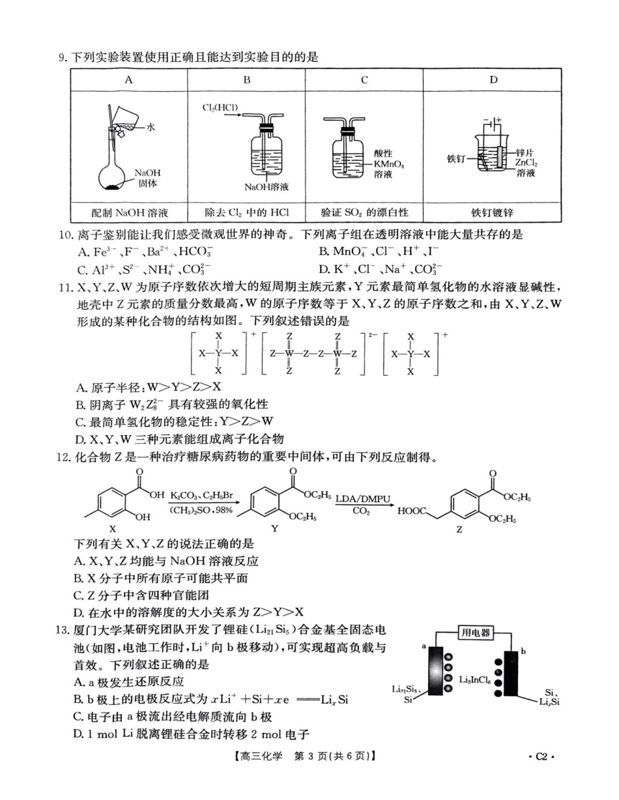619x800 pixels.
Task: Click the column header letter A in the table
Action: click(x=129, y=80)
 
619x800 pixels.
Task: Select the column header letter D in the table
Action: click(x=493, y=80)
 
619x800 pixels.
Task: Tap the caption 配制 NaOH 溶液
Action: click(x=129, y=212)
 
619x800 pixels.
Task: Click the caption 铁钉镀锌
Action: click(x=493, y=212)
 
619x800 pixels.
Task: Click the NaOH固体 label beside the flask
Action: click(x=147, y=178)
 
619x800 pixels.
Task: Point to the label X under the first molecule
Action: click(x=112, y=530)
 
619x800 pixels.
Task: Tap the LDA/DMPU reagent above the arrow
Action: click(x=363, y=499)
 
